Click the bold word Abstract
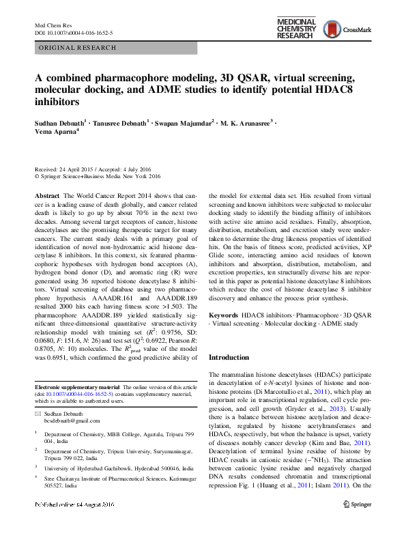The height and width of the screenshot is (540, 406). click(47, 195)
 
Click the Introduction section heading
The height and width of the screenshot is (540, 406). click(229, 357)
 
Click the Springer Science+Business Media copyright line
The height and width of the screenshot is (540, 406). click(100, 175)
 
